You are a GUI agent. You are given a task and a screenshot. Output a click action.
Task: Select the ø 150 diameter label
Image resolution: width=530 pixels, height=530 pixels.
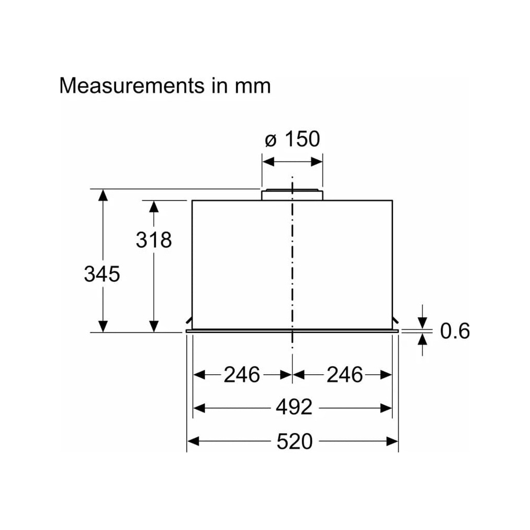(x=292, y=140)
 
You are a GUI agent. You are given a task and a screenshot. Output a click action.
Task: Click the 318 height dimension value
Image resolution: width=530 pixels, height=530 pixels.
(x=154, y=240)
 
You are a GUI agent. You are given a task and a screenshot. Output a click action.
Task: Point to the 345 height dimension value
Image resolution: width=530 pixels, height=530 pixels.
(x=102, y=274)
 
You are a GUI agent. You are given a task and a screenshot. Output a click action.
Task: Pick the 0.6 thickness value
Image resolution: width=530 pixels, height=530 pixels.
(x=455, y=331)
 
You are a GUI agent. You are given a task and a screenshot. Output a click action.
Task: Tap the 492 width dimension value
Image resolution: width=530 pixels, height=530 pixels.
(x=293, y=408)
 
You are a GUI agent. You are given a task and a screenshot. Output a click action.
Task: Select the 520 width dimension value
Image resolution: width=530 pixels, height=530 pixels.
(x=294, y=441)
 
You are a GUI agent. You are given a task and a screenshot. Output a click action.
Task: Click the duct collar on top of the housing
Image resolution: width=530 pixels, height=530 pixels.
(x=292, y=195)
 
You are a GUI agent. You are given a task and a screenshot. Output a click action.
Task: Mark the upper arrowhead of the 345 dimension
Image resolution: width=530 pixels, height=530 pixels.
(x=103, y=196)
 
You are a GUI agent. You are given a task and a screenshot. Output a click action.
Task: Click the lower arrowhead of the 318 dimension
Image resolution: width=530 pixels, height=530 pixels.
(x=153, y=326)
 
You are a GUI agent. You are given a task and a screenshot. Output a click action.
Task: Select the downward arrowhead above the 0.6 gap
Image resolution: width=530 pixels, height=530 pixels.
(x=423, y=322)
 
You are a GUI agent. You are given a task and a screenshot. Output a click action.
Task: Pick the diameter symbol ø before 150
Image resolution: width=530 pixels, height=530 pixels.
(x=270, y=140)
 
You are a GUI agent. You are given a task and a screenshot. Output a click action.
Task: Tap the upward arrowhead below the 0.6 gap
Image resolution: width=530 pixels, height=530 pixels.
(x=423, y=340)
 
